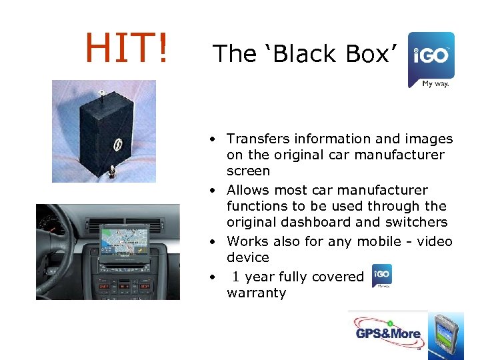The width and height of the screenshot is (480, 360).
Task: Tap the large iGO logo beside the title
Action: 431,59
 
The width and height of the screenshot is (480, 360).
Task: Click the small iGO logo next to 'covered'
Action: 382,275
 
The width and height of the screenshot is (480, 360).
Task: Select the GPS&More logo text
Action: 388,333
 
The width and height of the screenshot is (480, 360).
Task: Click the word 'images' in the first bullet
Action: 429,139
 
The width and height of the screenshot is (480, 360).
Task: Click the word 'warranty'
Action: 256,293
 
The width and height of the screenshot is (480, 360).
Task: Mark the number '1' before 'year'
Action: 236,276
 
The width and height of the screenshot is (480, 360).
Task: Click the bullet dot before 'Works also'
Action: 211,241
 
